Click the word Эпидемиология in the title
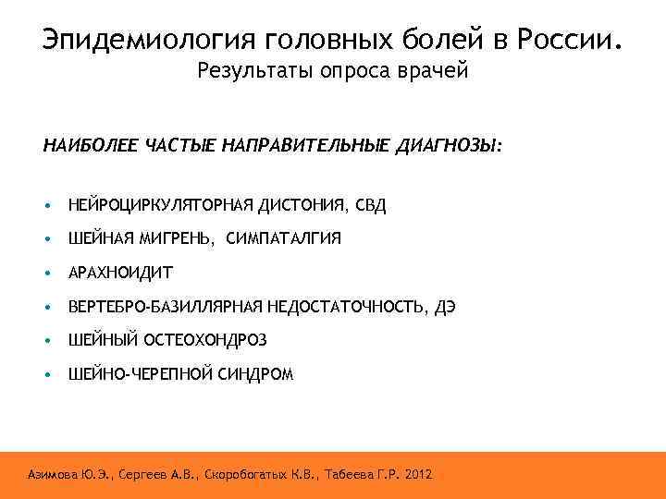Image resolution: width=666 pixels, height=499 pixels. click(148, 40)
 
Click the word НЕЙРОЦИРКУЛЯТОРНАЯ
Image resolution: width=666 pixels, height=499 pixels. click(162, 205)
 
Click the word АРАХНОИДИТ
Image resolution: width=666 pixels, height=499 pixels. click(120, 273)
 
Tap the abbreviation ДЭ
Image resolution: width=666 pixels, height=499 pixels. click(445, 306)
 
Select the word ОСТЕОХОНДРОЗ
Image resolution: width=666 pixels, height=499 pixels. click(204, 340)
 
